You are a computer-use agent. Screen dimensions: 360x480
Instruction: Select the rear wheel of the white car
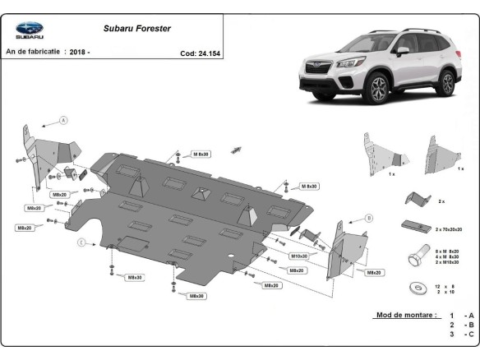coord(446,83)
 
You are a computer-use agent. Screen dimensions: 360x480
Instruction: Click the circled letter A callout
coord(62,121)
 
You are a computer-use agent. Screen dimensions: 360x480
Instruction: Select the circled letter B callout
coord(369,218)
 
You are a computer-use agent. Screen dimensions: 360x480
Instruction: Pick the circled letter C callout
coord(81,242)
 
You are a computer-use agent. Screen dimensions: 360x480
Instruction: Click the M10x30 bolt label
coord(298,256)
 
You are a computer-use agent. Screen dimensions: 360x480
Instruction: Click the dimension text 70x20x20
coord(451,229)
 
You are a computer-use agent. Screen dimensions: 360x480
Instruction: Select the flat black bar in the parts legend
coord(415,225)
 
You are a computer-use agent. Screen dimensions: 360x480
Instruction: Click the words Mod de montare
coord(405,315)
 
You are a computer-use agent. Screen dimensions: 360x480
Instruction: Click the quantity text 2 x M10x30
coord(448,262)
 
